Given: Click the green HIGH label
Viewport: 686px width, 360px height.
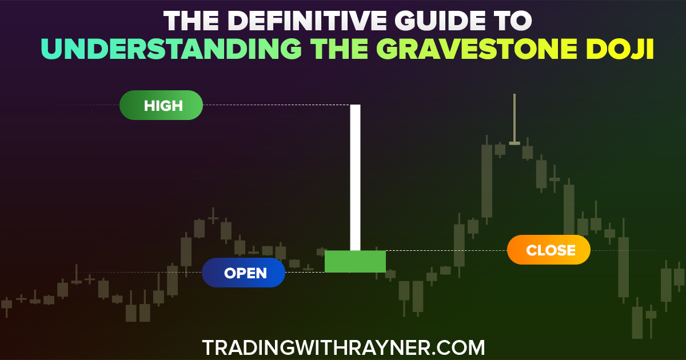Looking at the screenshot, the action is [161, 105].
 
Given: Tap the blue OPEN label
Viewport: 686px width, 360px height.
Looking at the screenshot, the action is [244, 273].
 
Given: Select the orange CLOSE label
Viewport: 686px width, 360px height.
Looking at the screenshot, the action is [549, 250].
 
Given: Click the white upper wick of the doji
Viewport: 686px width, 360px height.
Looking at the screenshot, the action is [355, 178].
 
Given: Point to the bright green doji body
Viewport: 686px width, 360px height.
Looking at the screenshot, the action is [355, 262].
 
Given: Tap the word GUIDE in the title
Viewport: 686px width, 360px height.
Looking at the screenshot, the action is [440, 21].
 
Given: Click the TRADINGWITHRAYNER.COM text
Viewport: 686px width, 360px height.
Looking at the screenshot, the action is [344, 348].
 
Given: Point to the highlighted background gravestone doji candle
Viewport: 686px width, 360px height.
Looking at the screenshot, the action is [514, 119].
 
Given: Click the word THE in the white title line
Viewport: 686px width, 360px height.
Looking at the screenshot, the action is [191, 21].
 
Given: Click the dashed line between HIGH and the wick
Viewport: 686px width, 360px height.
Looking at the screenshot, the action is [277, 105].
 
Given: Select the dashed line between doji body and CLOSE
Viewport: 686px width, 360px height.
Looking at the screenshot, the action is [446, 251].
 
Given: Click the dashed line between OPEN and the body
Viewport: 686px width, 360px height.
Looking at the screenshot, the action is [305, 273].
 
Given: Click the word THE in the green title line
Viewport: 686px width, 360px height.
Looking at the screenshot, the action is [339, 49].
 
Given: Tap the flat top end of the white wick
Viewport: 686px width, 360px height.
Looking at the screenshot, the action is [355, 105].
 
